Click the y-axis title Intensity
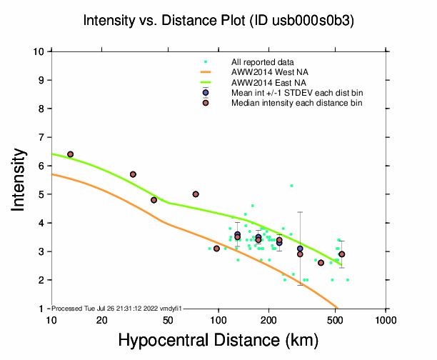pyautogui.click(x=21, y=179)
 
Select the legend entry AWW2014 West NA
pyautogui.click(x=265, y=72)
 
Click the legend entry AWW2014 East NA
pyautogui.click(x=264, y=82)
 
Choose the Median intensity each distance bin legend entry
pyautogui.click(x=296, y=103)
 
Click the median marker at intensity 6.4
pyautogui.click(x=70, y=154)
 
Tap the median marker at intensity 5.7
pyautogui.click(x=133, y=174)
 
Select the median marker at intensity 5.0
pyautogui.click(x=196, y=194)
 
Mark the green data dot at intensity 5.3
pyautogui.click(x=291, y=186)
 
